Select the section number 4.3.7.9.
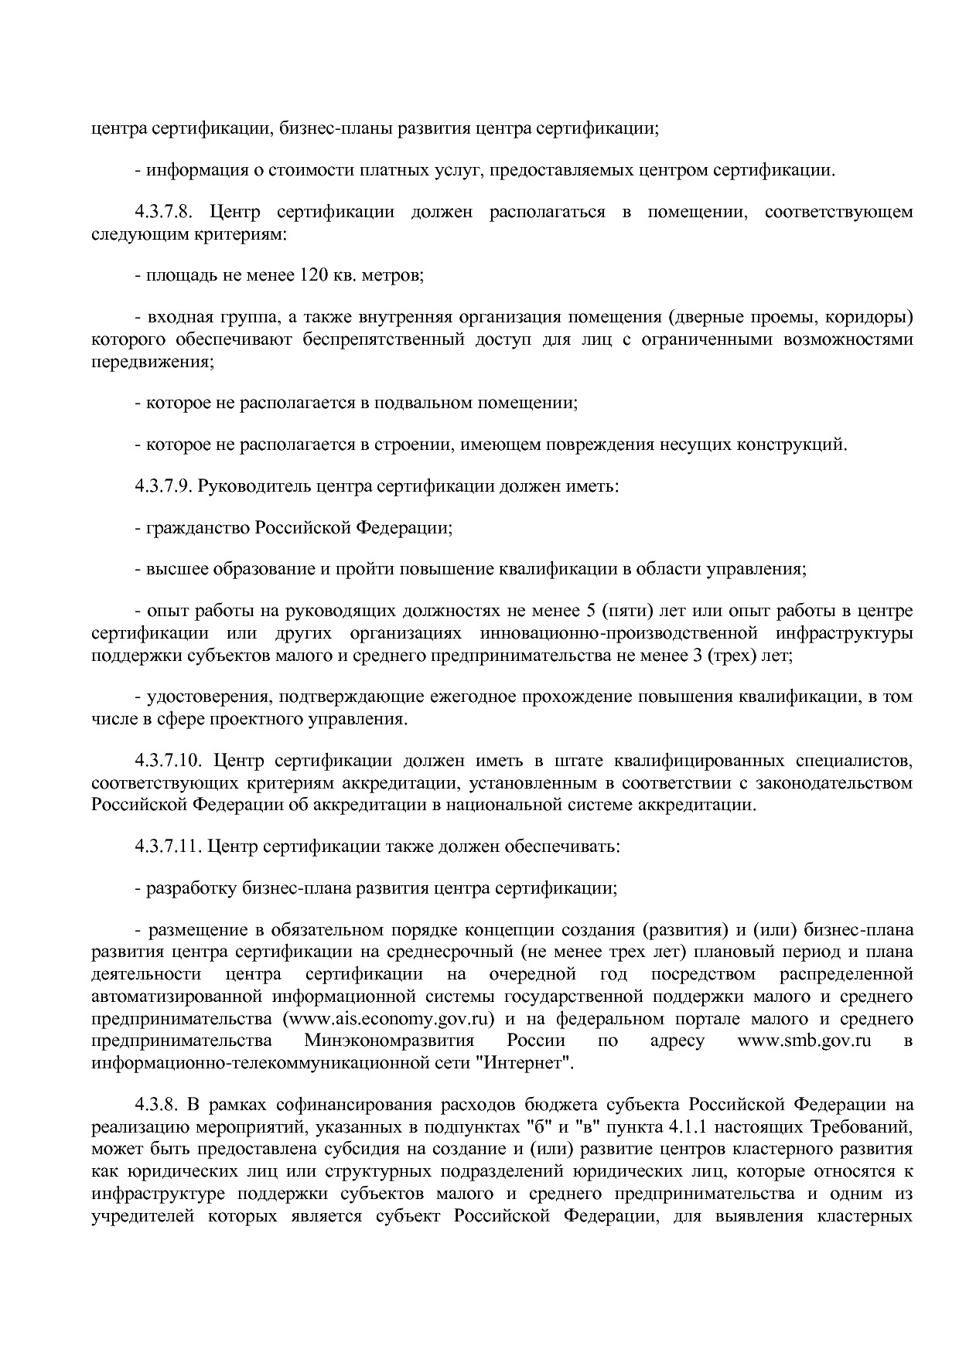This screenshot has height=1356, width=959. point(162,487)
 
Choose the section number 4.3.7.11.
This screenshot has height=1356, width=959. point(168,846)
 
